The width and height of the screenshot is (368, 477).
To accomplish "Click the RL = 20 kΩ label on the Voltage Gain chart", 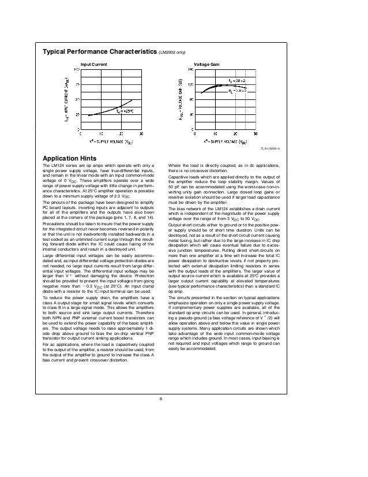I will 238,80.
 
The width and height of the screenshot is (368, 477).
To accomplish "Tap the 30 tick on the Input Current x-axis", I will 141,135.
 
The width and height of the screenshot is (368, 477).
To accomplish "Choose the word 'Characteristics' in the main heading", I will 128,51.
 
